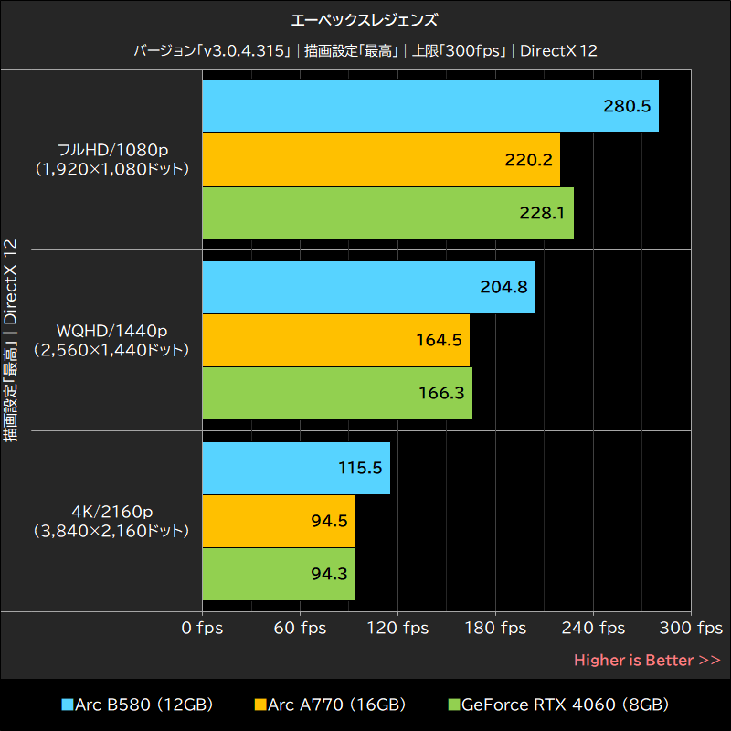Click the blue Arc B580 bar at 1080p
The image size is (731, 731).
[429, 106]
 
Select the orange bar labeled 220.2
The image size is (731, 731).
[380, 160]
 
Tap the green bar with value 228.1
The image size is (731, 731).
[387, 213]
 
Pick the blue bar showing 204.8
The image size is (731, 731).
[368, 287]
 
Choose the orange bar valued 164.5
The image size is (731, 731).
[335, 340]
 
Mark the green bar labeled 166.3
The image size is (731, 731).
[337, 393]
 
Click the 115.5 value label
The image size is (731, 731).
[359, 467]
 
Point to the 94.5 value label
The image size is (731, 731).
[329, 521]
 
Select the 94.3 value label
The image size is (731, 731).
[329, 574]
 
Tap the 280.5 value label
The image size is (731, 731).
[627, 106]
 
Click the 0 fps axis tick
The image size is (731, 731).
[202, 629]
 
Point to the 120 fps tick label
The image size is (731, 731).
[397, 629]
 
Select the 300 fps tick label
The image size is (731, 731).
[691, 629]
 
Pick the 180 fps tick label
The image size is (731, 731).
[495, 629]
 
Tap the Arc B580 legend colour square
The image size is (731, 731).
[67, 705]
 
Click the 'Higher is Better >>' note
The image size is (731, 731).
[647, 660]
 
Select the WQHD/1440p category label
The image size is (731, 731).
[111, 339]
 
